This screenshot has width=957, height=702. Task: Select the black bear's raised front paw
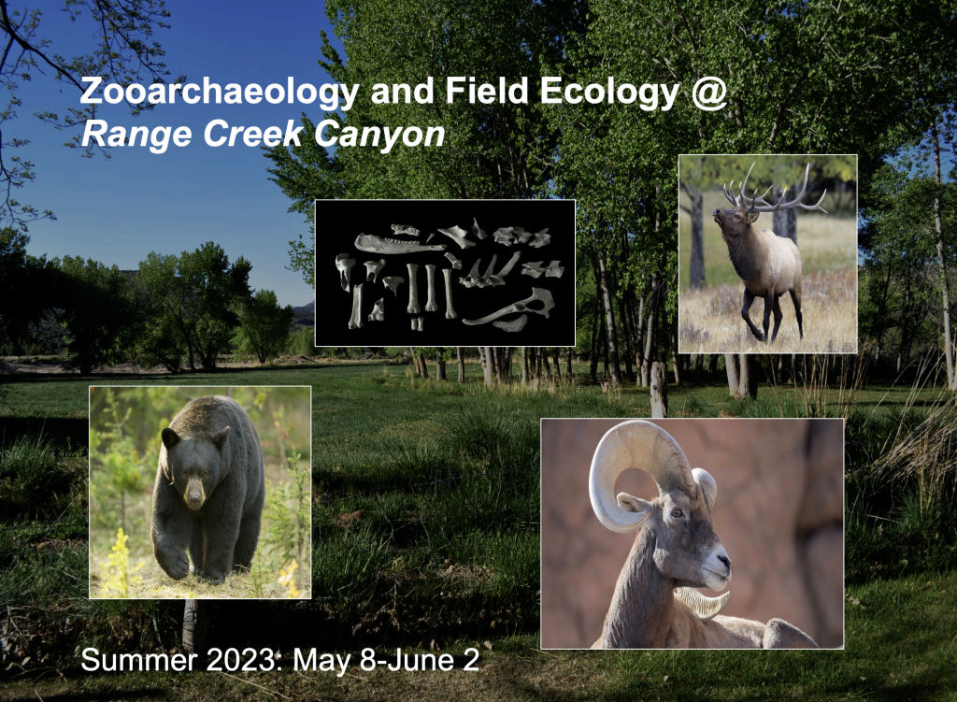pos(174,561)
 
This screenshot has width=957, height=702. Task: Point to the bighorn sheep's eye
pos(677,512)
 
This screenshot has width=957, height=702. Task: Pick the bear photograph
pos(200,492)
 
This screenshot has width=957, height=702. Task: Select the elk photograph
pos(766,253)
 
